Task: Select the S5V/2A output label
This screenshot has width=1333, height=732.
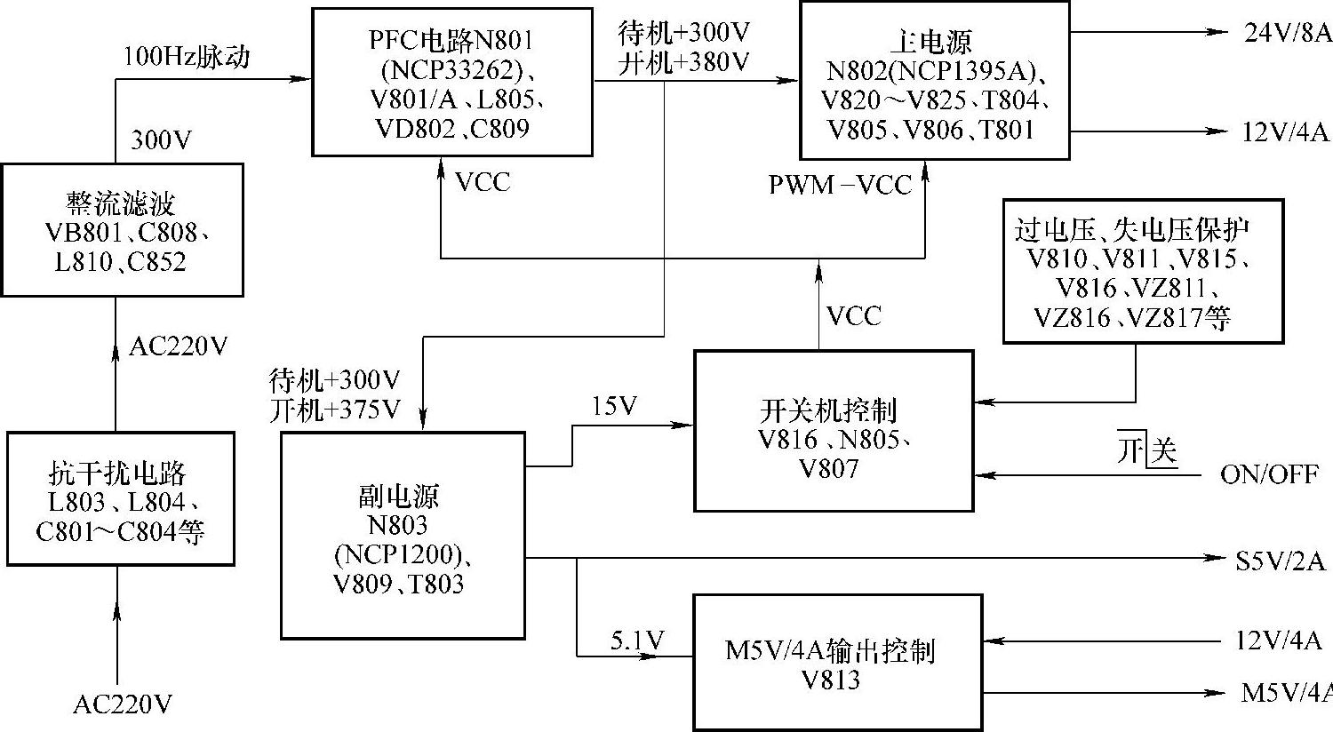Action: click(x=1281, y=561)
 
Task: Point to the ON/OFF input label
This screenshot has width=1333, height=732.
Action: click(x=1269, y=474)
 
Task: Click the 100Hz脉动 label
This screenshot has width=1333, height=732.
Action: click(x=187, y=57)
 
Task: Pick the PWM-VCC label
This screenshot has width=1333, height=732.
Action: click(x=841, y=185)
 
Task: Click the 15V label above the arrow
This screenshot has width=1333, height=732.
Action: click(x=615, y=406)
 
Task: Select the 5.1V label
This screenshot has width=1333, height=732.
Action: click(x=637, y=640)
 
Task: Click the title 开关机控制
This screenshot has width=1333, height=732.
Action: click(x=828, y=410)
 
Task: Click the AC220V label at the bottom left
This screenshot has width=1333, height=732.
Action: click(x=123, y=704)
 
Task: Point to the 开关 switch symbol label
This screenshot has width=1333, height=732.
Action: click(x=1147, y=451)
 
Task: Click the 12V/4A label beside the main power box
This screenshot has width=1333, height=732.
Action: click(x=1285, y=133)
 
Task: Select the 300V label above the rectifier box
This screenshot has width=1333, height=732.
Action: click(x=162, y=140)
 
